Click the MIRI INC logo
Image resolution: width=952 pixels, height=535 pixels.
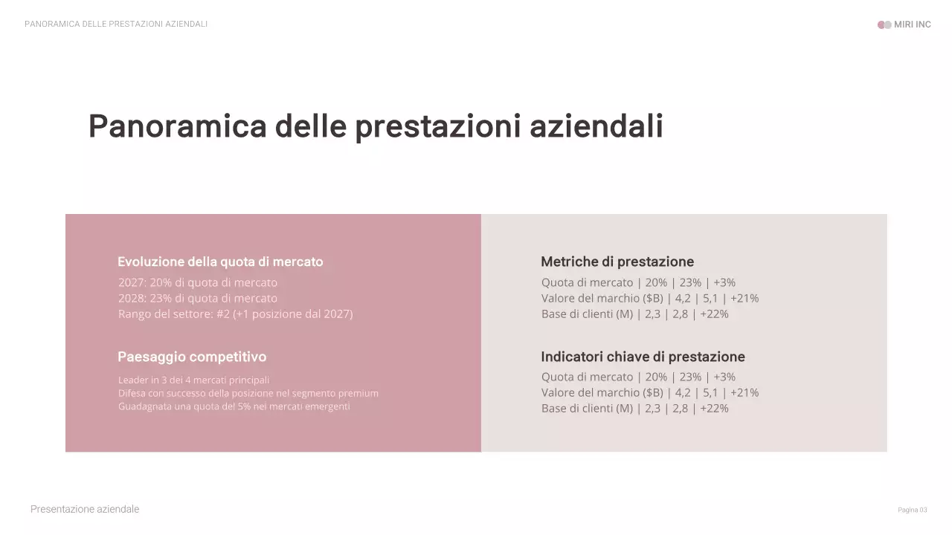(x=904, y=25)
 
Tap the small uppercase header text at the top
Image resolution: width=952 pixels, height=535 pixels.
(x=116, y=24)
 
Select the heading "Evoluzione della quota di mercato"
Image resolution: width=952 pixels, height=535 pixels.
(x=220, y=262)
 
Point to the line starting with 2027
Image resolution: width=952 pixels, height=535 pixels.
(x=197, y=282)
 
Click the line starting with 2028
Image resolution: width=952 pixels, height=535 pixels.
(x=197, y=298)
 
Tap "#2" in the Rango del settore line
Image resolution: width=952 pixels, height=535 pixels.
(x=223, y=314)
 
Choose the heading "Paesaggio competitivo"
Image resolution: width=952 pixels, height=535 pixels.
(x=192, y=357)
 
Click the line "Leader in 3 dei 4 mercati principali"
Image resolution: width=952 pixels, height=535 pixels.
(x=193, y=380)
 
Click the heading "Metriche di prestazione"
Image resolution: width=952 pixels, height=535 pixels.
(x=617, y=262)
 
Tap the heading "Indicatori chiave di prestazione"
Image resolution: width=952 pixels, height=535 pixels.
(x=643, y=357)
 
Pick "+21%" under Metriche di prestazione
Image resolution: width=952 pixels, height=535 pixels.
(x=744, y=298)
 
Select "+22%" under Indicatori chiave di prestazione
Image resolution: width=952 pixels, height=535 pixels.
(x=714, y=408)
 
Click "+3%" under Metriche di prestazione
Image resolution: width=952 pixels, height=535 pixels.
(x=724, y=282)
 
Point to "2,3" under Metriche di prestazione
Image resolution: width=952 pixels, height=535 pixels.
(x=652, y=314)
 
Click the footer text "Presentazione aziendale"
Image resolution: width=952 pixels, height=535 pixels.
(x=85, y=509)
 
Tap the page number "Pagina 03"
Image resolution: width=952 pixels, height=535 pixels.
(x=912, y=510)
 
